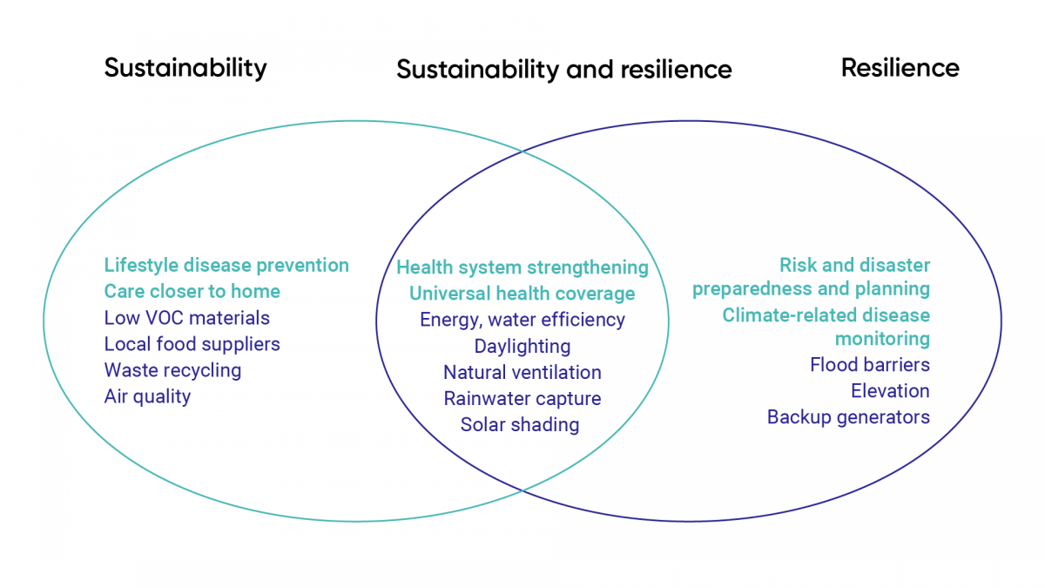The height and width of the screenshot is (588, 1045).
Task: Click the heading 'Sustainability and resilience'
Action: pos(564,70)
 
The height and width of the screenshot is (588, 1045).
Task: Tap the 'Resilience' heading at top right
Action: pos(900,68)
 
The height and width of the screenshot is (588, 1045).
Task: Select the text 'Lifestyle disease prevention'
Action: pos(226,266)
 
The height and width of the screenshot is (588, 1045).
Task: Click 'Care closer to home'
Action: pos(192,291)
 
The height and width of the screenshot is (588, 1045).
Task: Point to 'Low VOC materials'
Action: pos(186,318)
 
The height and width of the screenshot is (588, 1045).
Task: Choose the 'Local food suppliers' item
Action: pos(192,344)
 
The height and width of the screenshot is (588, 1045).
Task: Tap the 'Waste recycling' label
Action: pos(172,370)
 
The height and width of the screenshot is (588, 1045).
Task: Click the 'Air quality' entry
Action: pos(147,396)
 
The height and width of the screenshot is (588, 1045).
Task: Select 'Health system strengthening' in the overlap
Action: pos(522,268)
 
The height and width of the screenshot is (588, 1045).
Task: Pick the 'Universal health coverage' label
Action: pos(522,294)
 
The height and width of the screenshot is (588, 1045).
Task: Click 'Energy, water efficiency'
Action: pos(522,321)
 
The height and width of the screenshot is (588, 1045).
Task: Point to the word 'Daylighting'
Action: pos(522,347)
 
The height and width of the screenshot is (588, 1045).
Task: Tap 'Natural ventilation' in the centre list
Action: pos(522,373)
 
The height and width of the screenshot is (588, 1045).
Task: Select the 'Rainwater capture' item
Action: pos(522,399)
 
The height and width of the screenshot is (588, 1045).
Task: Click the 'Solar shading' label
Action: pos(520,425)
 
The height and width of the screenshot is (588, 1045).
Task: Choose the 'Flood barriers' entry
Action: pos(870,364)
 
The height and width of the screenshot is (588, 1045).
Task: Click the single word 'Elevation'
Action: pos(890,391)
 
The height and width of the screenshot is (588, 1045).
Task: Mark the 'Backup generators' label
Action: pos(848,417)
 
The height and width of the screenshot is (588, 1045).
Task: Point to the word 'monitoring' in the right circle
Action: pos(882,339)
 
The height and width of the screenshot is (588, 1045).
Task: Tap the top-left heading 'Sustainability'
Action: pos(185,69)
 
